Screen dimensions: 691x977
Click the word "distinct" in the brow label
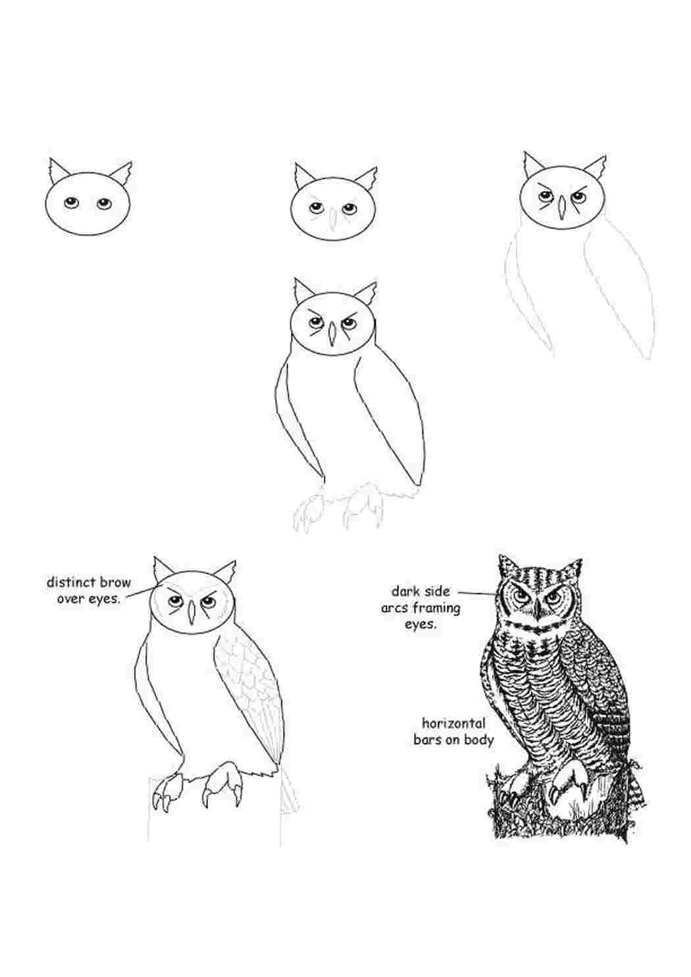[70, 582]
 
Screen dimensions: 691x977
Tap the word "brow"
[115, 582]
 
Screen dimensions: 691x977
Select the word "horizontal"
[453, 723]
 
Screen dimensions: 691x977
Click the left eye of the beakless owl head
[70, 203]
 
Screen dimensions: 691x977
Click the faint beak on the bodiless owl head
[333, 218]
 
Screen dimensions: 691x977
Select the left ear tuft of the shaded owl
[507, 566]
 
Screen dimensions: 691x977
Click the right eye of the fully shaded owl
[556, 594]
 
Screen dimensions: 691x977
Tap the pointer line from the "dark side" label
[477, 593]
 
